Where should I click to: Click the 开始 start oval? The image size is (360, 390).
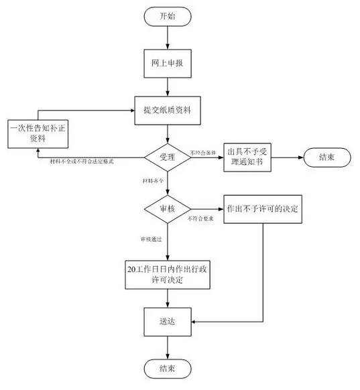tap(168, 16)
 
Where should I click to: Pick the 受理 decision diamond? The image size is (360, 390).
tap(168, 158)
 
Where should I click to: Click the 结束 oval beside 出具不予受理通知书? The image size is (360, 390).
tap(327, 158)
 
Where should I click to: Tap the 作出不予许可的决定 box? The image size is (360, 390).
tap(261, 209)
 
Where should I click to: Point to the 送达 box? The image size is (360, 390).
tap(168, 322)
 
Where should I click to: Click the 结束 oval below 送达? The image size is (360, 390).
tap(168, 367)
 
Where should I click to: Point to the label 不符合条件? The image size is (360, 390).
tap(205, 152)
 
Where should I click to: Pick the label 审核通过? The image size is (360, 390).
tap(152, 239)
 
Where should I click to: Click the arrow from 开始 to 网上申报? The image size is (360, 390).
tap(168, 38)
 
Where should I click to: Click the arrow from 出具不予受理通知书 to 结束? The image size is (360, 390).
tap(289, 158)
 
